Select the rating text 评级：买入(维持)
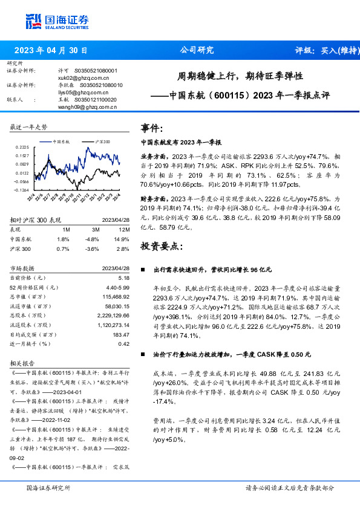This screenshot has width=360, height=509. click(323, 51)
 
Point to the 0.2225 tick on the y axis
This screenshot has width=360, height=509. click(22, 147)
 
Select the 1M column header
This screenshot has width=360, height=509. click(65, 230)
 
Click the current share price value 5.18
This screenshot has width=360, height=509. click(124, 277)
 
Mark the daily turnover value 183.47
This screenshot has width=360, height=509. click(121, 334)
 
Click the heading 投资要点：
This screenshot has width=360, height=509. click(161, 245)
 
